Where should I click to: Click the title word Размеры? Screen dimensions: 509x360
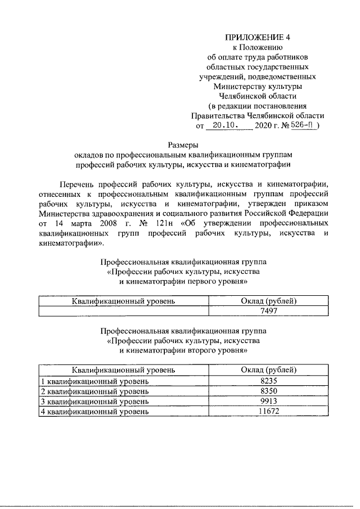tap(183, 145)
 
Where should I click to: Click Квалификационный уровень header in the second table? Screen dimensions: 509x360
tap(123, 370)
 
